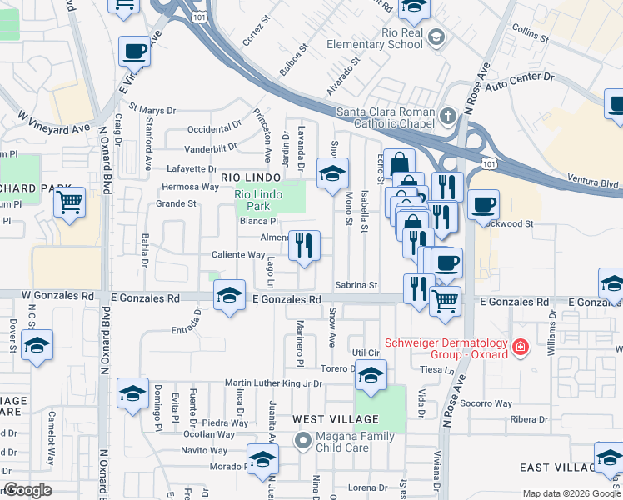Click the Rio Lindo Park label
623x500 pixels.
coord(252,200)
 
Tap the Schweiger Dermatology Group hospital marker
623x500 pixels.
coord(521,345)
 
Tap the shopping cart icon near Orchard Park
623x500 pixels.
coord(70,201)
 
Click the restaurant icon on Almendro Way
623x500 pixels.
coord(304,244)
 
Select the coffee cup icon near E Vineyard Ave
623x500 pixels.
coord(134,52)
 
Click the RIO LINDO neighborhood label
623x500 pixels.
coord(247,177)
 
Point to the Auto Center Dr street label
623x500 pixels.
coord(520,81)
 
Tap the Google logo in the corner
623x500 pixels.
coord(27,490)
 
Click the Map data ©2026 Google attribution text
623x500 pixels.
coord(571,493)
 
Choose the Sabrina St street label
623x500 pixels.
coord(356,285)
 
